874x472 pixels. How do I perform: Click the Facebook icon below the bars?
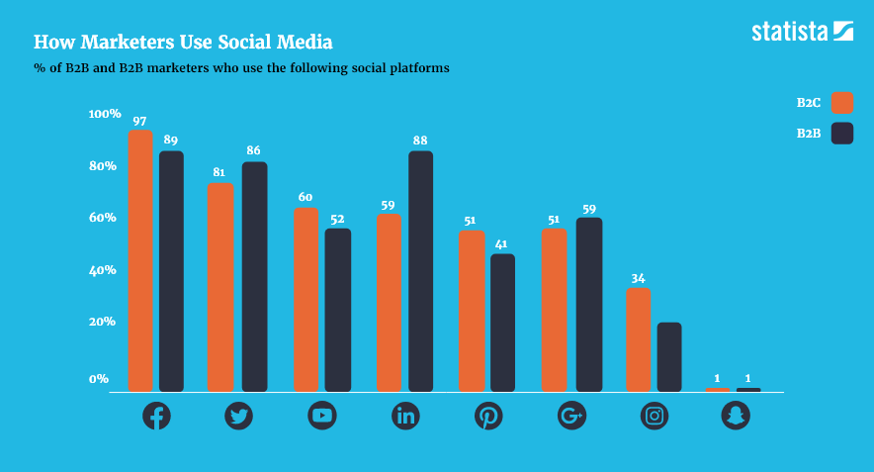click(x=156, y=416)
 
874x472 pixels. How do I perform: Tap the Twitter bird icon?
click(x=238, y=416)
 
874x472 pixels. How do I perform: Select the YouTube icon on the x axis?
click(x=322, y=416)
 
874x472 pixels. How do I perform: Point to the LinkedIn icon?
click(x=405, y=416)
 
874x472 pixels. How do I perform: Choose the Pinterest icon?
click(x=488, y=416)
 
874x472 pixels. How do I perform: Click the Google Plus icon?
click(x=572, y=416)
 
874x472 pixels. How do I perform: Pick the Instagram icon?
click(x=655, y=416)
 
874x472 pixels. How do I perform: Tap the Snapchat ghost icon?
click(x=736, y=416)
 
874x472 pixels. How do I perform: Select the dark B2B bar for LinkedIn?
click(x=420, y=271)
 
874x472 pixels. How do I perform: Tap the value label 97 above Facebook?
click(x=140, y=121)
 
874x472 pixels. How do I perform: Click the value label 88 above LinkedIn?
click(x=420, y=141)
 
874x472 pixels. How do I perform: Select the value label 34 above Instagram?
click(x=638, y=278)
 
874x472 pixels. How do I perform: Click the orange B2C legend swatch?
click(x=842, y=103)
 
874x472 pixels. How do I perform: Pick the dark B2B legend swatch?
click(x=842, y=134)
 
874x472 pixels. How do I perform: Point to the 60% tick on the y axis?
click(x=103, y=218)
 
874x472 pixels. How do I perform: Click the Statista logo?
click(x=802, y=32)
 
